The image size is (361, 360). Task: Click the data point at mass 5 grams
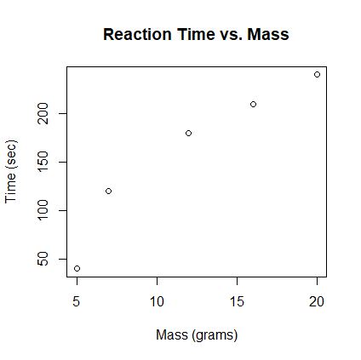coord(77,268)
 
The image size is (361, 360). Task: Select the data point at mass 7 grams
coord(108,191)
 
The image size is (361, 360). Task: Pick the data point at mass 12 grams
coord(188,133)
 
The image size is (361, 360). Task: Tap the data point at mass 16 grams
coord(253,104)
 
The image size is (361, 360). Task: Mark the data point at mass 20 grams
coord(317,74)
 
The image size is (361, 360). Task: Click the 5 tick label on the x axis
coord(77,301)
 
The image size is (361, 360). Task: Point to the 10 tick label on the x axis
coord(157,301)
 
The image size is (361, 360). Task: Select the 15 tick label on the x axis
coord(237,301)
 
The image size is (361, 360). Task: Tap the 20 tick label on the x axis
coord(317,301)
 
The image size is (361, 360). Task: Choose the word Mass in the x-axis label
coord(171,334)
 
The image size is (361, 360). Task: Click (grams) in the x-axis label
coord(214,335)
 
